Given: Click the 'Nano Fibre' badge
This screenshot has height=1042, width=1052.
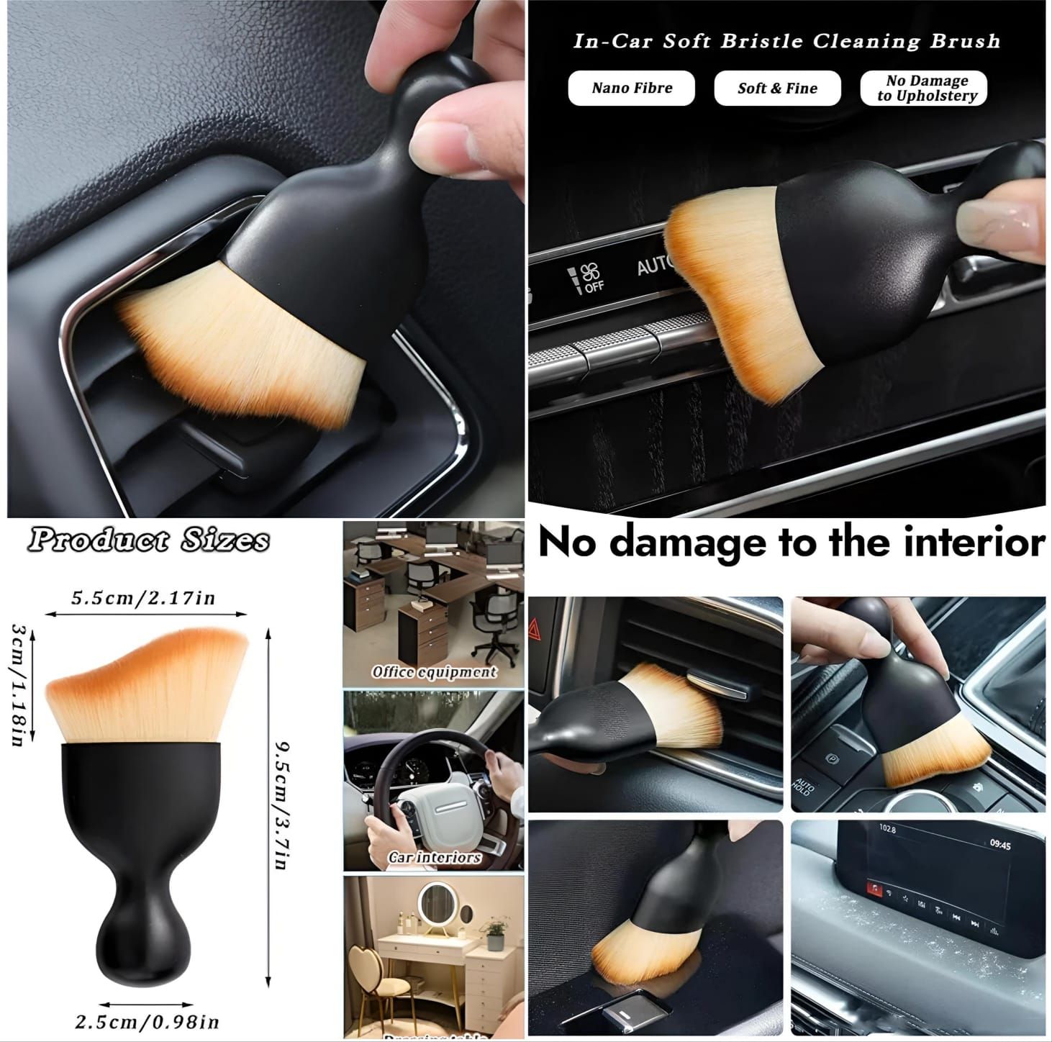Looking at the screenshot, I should click(632, 89).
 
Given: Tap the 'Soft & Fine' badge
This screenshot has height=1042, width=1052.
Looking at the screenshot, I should click(777, 89).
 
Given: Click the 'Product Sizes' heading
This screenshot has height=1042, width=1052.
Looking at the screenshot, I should click(149, 540).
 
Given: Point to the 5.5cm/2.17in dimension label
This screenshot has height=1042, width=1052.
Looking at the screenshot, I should click(143, 598).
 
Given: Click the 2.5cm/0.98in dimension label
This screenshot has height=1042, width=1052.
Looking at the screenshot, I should click(147, 1021).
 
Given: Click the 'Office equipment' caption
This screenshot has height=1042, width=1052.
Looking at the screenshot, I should click(434, 672).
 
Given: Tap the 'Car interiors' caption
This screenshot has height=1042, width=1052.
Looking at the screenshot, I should click(434, 857).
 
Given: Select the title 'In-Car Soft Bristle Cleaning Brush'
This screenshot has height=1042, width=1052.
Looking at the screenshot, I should click(786, 41).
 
